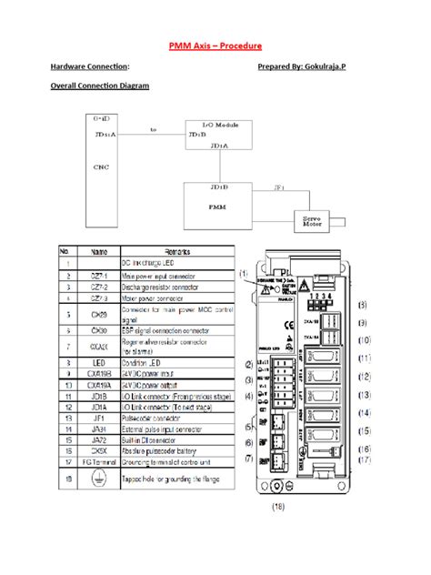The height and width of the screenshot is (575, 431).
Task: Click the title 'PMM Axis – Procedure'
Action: click(x=215, y=45)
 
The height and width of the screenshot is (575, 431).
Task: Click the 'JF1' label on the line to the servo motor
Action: click(x=279, y=187)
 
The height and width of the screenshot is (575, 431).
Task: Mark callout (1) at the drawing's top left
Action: click(x=245, y=273)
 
